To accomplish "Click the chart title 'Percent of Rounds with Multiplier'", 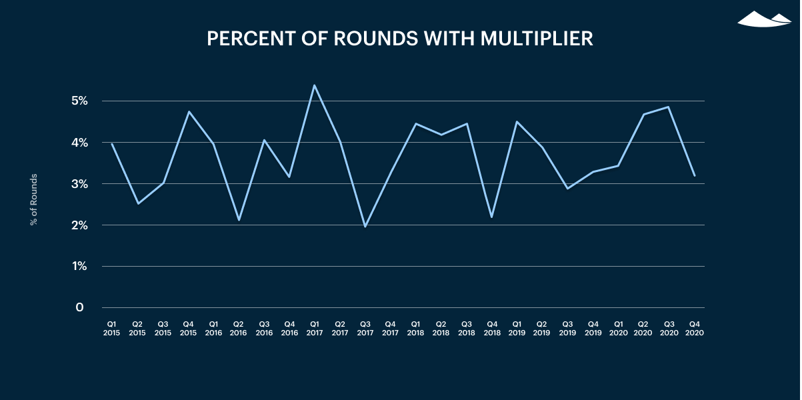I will [400, 39].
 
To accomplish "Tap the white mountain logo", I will [764, 19].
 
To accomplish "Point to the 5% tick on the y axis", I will [79, 101].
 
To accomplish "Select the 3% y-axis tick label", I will [79, 183].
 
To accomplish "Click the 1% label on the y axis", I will [79, 266].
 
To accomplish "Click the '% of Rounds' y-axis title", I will [34, 199].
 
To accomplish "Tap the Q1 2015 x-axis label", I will [111, 328].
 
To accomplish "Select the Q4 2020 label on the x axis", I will [694, 328].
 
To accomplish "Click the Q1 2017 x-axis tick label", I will [314, 328].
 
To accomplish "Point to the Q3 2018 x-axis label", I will [466, 328].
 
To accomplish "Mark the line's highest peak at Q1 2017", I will [314, 85].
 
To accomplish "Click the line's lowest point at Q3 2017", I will [365, 227].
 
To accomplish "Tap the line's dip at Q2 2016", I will [238, 220].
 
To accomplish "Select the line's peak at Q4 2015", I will [189, 112].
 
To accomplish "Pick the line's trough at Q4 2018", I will [491, 217].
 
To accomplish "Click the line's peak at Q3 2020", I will [669, 107].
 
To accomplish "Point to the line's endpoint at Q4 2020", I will [695, 175].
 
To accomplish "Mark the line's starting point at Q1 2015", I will [111, 143].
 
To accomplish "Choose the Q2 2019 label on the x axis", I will [542, 328].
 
